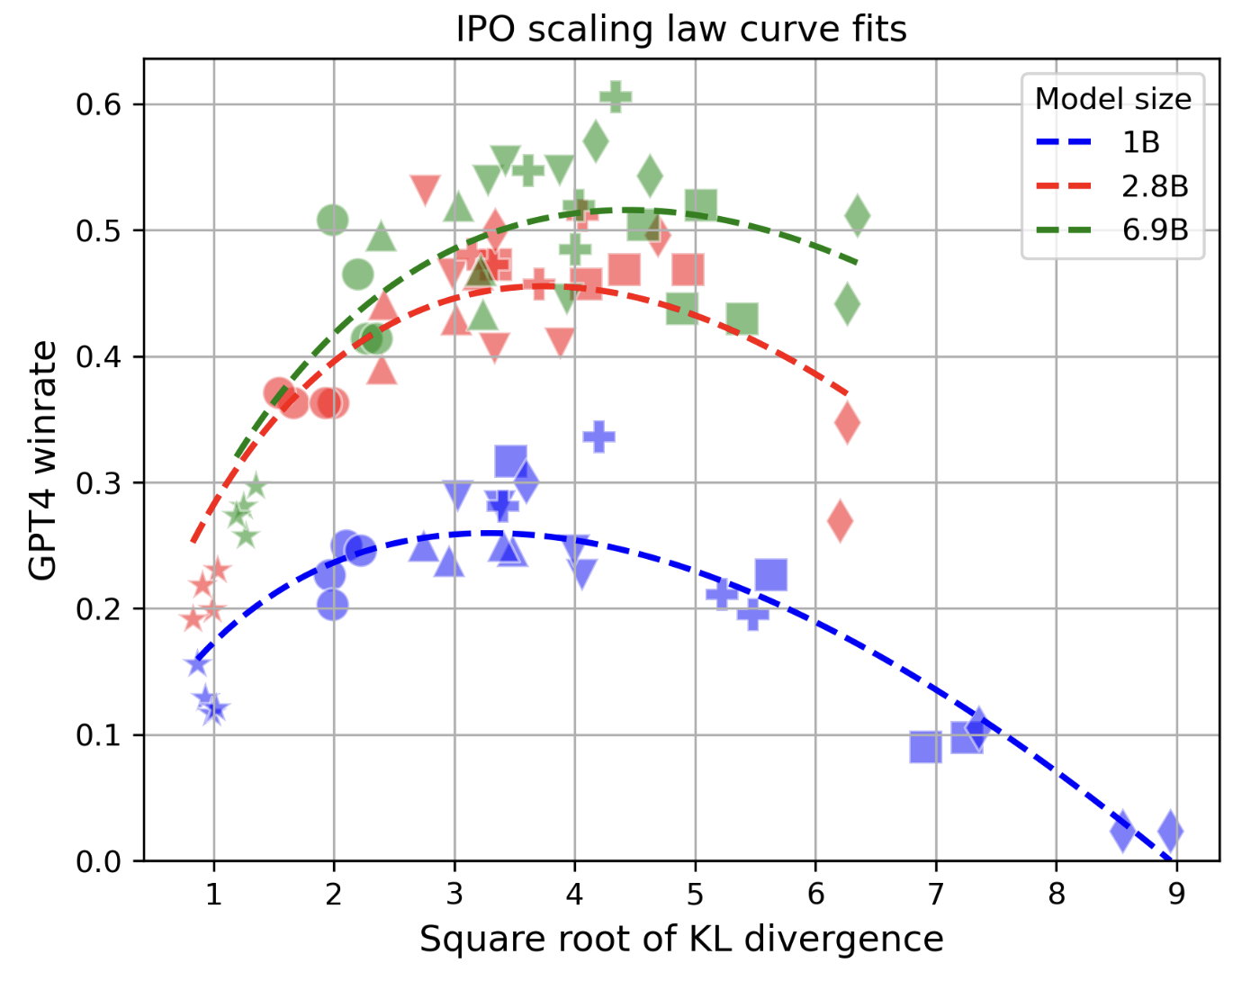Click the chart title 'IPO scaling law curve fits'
(681, 29)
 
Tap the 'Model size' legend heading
(1112, 99)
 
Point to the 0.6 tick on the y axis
(98, 104)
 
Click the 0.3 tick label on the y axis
(98, 483)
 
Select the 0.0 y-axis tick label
(98, 862)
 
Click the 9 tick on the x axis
(1176, 894)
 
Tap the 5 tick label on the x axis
(695, 894)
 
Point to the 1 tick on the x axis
(213, 894)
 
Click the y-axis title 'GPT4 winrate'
(43, 460)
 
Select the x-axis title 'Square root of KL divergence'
(681, 939)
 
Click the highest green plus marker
(616, 96)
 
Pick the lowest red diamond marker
(840, 520)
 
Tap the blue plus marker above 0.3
(598, 436)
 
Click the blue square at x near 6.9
(925, 746)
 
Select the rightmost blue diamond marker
(1170, 831)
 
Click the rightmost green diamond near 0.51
(858, 215)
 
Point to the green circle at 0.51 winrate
(333, 220)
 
